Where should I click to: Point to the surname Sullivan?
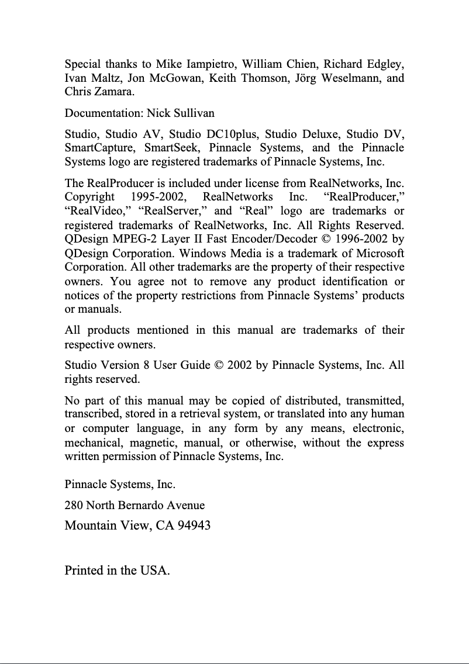194,113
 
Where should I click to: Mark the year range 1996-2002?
360,239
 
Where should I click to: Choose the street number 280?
74,505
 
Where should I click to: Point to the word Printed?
84,570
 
